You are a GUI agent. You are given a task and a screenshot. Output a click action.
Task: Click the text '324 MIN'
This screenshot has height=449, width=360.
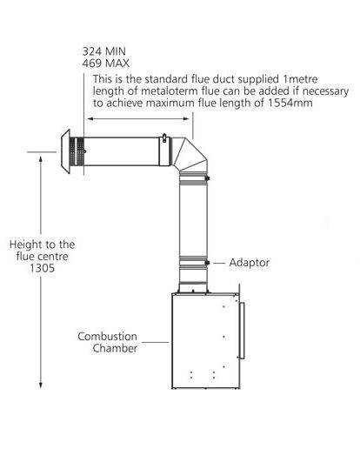104,51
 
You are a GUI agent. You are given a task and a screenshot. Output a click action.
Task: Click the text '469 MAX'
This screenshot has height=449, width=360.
106,64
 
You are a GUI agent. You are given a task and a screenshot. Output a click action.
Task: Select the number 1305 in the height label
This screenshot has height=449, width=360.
42,268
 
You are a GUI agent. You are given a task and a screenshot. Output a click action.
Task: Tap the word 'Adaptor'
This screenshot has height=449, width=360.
250,263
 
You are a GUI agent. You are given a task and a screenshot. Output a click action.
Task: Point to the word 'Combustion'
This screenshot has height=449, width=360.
107,337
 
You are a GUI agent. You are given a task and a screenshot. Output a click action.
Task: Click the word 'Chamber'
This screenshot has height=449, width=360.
115,348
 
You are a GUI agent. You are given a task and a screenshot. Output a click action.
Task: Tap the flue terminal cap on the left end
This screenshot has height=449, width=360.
66,151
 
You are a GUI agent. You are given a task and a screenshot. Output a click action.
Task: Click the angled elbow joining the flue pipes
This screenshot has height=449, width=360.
190,155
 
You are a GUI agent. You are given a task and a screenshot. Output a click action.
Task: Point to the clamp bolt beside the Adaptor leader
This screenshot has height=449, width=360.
207,263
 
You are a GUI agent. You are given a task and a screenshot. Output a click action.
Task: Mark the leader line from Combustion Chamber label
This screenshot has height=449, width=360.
156,342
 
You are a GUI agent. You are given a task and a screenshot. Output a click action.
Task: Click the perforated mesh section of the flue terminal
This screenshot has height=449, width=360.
77,151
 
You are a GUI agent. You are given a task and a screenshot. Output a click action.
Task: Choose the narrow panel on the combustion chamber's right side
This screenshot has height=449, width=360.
242,331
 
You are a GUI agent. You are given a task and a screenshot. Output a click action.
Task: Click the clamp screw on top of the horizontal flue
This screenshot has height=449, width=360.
164,137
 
